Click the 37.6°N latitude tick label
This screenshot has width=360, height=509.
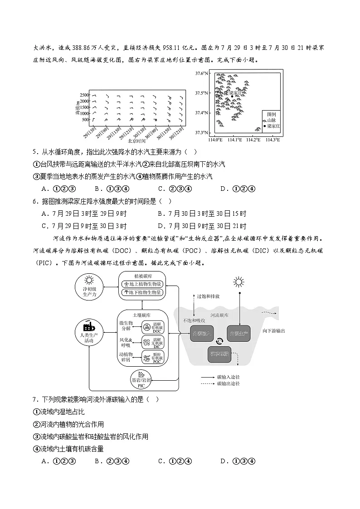[201, 73]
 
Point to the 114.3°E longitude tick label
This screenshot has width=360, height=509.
[272, 140]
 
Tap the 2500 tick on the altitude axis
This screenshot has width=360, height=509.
[85, 95]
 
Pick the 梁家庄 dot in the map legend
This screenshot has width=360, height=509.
[265, 126]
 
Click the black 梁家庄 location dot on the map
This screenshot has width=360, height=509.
[232, 97]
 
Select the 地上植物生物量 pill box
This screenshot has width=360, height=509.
[142, 284]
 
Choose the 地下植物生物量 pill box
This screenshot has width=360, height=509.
[142, 293]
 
